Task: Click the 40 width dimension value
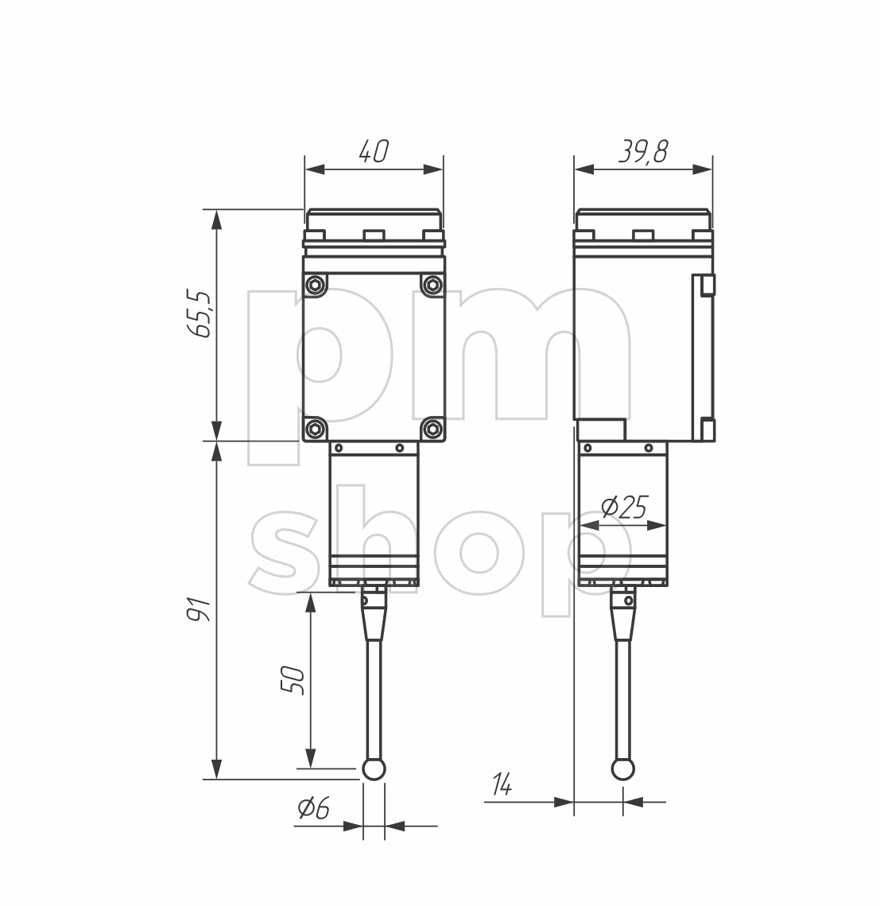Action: click(374, 151)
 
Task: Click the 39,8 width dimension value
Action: click(644, 151)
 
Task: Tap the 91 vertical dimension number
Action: click(200, 609)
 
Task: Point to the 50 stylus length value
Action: click(293, 679)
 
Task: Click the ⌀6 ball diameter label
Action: click(313, 808)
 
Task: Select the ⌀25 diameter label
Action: click(625, 507)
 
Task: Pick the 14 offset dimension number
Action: click(502, 784)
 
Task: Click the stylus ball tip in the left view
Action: click(374, 768)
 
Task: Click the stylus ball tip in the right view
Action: click(622, 768)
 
